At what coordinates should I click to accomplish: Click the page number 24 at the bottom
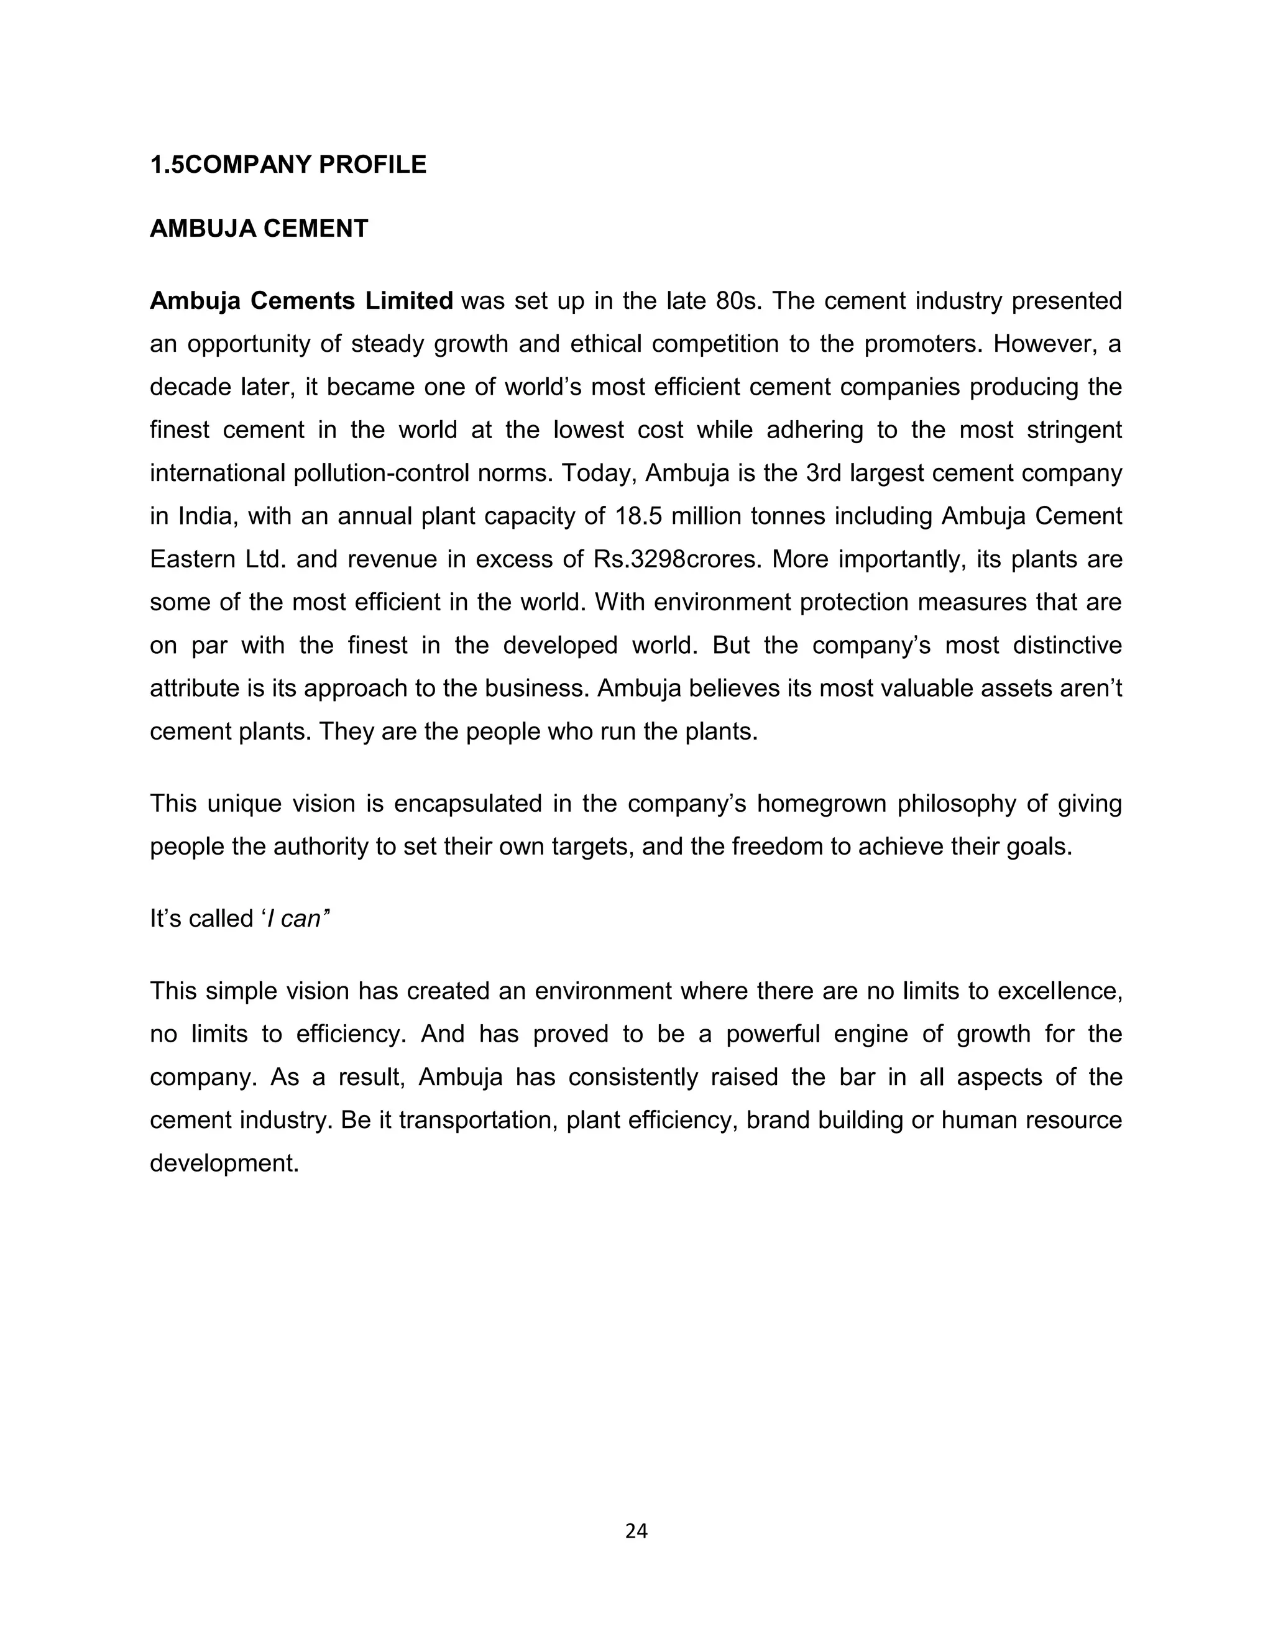point(636,1530)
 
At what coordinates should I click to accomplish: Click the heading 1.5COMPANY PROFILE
point(288,165)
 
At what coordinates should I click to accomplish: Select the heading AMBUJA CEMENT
point(259,229)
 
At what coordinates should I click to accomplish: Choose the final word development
point(224,1163)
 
